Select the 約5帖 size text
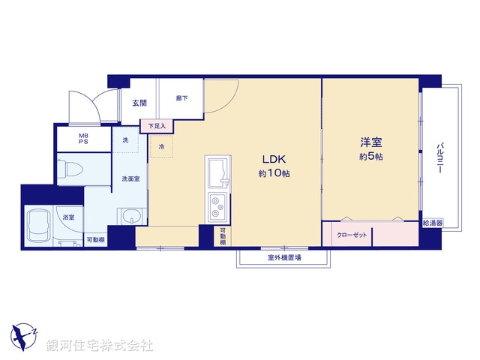click(371, 157)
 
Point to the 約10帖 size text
click(274, 173)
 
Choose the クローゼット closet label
click(352, 235)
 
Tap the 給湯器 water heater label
click(433, 223)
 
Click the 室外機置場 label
click(284, 258)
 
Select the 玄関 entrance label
click(139, 102)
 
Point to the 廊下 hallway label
click(181, 97)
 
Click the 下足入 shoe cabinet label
click(157, 125)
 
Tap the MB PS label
click(84, 139)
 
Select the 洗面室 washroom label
click(131, 178)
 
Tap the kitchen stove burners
click(218, 201)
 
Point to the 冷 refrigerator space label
click(161, 147)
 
